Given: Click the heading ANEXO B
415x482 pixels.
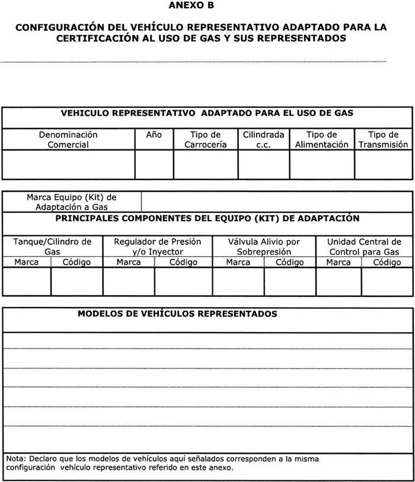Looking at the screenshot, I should [x=191, y=6].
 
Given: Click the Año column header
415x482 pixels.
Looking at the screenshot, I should [x=154, y=135].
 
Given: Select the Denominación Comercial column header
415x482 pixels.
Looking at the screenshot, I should [x=68, y=139].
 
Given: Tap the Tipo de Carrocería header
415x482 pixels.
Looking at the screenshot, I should [x=205, y=139].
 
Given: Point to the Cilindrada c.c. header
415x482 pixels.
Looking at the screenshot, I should [x=263, y=139].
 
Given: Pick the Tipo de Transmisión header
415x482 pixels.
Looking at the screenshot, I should [x=383, y=139].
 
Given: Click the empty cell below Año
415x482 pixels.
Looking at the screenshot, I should [x=154, y=164].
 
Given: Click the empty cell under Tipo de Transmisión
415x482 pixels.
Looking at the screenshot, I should [x=383, y=164].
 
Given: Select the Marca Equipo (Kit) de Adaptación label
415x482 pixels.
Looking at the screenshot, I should [x=72, y=202].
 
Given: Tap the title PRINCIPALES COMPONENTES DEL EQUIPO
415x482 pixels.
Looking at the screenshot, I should [x=207, y=218].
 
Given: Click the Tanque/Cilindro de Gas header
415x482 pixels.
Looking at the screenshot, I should [x=52, y=247].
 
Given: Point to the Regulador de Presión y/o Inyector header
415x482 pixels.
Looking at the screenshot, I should [x=157, y=247].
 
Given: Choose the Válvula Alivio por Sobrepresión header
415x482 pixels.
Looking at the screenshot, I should [x=264, y=247].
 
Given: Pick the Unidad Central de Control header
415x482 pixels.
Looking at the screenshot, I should [x=364, y=247].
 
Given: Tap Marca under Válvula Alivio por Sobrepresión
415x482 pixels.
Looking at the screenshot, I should [x=238, y=262].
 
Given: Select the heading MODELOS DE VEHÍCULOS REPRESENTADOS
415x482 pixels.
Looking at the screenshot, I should [x=177, y=314].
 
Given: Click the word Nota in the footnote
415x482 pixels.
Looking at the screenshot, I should [x=17, y=459].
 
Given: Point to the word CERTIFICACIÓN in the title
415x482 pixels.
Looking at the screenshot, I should [x=100, y=38].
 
